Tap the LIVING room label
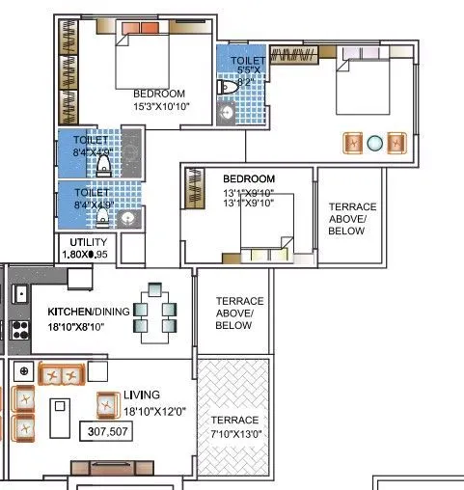141,395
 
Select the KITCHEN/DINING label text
88,313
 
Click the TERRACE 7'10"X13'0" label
235,426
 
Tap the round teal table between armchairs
375,142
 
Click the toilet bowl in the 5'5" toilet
228,87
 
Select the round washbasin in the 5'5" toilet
228,113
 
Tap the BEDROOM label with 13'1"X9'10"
249,179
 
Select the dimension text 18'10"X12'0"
154,410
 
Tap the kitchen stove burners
18,328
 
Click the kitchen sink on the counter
19,292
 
